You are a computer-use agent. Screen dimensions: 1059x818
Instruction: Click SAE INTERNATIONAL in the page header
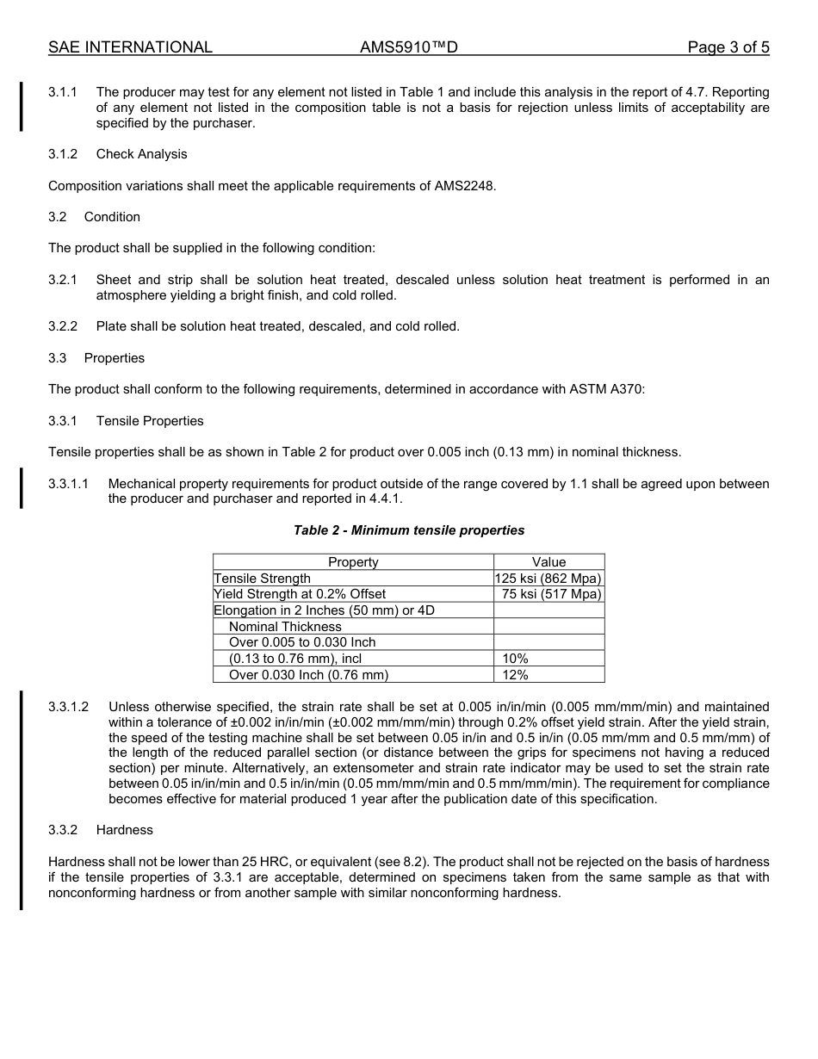click(130, 47)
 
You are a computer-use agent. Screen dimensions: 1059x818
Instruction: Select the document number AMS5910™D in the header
click(408, 47)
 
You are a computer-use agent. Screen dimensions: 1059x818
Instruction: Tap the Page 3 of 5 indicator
click(728, 47)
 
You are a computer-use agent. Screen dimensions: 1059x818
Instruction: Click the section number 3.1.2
click(63, 154)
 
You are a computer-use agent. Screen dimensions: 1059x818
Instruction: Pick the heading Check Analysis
click(141, 154)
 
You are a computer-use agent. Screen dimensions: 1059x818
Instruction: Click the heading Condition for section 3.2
click(112, 217)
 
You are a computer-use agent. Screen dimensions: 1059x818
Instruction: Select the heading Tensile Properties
click(150, 421)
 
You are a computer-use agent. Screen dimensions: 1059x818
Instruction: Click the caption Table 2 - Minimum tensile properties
click(409, 530)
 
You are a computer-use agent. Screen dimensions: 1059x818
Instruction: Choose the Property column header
click(353, 562)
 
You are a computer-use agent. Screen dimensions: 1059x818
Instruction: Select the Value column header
click(548, 562)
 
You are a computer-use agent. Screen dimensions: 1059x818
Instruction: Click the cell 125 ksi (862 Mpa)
click(548, 579)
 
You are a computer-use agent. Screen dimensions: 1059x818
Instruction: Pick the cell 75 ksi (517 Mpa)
click(551, 594)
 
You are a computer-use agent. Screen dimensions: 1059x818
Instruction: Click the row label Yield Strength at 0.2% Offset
click(300, 594)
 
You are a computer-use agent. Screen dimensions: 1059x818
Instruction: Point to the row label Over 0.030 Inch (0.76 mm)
click(308, 675)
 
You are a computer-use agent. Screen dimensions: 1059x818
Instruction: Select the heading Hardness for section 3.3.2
click(124, 830)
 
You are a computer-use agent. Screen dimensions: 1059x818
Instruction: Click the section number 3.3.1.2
click(68, 707)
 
